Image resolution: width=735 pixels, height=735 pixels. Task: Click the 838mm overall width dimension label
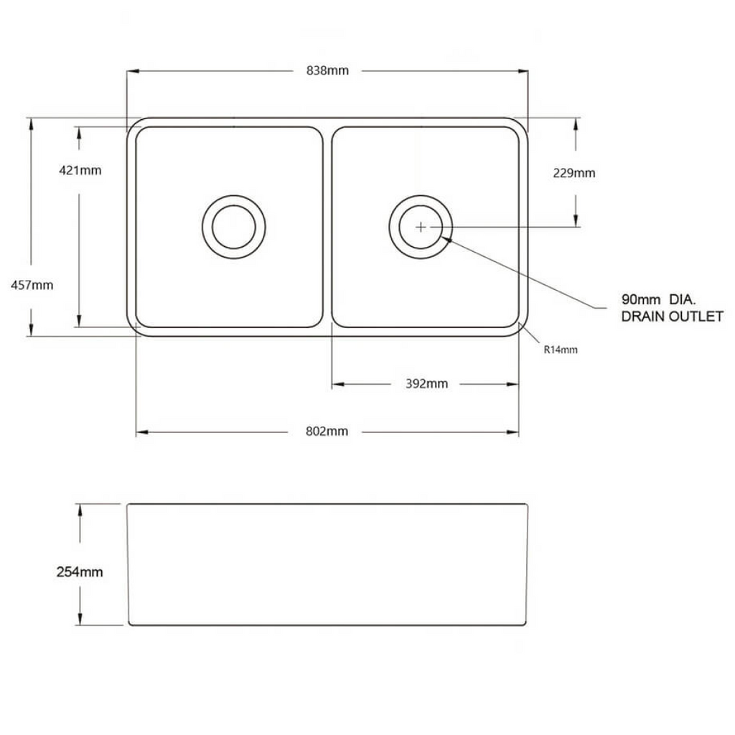327,70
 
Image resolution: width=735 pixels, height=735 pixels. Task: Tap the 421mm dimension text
80,170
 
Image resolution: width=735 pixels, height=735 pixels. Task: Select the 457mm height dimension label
32,284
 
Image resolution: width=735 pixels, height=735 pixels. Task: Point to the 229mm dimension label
574,173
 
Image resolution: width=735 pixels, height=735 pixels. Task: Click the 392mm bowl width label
426,383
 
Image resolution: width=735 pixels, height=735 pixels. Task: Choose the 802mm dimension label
327,431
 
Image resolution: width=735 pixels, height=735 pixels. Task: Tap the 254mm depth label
80,572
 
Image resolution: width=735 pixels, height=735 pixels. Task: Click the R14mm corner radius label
560,350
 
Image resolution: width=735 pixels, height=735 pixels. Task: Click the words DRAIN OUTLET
672,317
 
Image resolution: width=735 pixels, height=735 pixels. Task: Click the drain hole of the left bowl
234,226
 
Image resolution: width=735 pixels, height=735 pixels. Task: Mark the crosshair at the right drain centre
421,226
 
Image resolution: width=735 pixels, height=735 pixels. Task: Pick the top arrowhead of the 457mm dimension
32,123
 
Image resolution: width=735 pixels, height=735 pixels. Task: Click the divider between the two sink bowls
327,226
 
